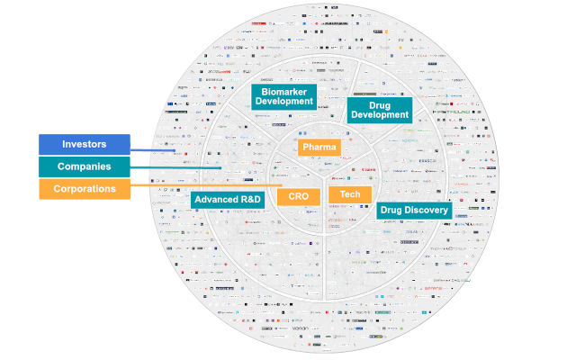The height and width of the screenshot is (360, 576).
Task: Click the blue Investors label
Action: pos(84,144)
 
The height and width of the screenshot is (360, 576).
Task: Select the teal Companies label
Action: pos(84,166)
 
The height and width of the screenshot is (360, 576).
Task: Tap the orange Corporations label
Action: pos(84,189)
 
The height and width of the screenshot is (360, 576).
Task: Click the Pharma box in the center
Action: pos(319,147)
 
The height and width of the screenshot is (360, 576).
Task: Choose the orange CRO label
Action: pos(298,195)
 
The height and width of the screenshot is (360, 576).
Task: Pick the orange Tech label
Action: pos(349,194)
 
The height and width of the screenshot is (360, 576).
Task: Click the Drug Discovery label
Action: pos(414,210)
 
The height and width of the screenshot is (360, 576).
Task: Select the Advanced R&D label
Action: pos(227,199)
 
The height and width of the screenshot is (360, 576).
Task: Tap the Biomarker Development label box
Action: pos(283,96)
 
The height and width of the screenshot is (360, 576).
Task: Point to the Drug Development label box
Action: pos(379,109)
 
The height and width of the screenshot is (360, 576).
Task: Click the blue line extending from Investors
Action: pos(153,150)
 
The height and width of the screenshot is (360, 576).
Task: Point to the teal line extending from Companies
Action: pos(175,168)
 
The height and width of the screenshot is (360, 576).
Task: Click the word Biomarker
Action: pos(283,91)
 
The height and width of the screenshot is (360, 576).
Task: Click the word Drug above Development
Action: pos(379,103)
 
